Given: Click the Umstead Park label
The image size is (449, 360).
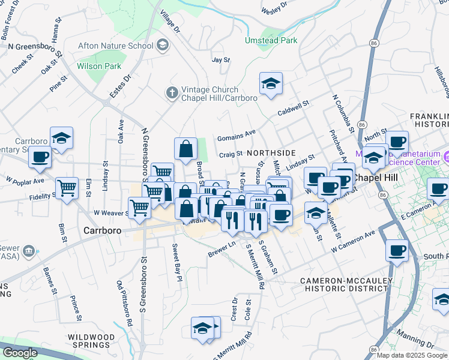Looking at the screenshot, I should pyautogui.click(x=271, y=40).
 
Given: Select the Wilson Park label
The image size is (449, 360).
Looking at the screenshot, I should pyautogui.click(x=99, y=66).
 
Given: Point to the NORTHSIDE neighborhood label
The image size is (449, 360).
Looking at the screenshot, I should pyautogui.click(x=271, y=153).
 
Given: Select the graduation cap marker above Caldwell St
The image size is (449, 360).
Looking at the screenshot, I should pyautogui.click(x=271, y=84).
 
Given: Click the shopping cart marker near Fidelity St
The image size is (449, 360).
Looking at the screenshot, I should pyautogui.click(x=67, y=187).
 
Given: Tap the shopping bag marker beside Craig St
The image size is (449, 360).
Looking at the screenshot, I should pyautogui.click(x=186, y=148).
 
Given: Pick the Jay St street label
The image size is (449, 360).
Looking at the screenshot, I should pyautogui.click(x=221, y=60).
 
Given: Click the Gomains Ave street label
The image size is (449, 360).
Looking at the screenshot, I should pyautogui.click(x=237, y=133).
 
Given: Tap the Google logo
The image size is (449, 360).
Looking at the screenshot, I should pyautogui.click(x=19, y=353).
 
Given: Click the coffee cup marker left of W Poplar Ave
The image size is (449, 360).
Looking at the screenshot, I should pyautogui.click(x=40, y=158).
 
